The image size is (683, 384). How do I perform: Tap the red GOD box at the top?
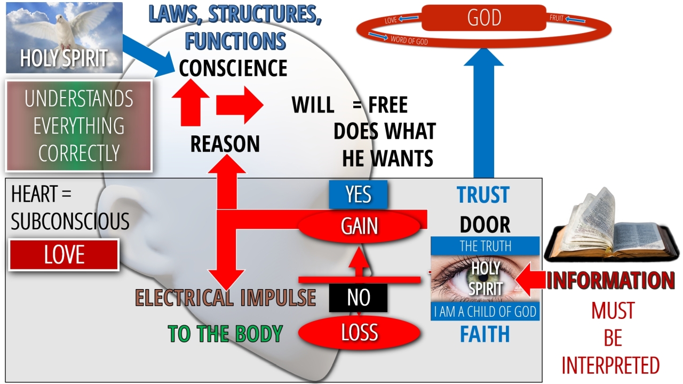point(484,18)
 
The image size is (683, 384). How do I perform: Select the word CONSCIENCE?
point(233,68)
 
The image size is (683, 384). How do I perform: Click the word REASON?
point(225,144)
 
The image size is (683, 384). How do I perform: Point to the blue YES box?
point(358,195)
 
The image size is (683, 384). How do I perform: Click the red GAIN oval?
point(359,226)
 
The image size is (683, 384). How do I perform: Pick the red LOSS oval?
point(359,333)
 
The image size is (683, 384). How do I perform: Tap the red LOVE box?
point(64,255)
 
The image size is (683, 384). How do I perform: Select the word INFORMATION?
point(610,281)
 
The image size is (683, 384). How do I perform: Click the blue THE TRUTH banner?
point(485,246)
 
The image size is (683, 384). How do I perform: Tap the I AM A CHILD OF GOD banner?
point(485,311)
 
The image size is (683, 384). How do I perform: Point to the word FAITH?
point(485,334)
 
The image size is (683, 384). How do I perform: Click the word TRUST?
point(483,195)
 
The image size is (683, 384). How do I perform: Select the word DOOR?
point(485,225)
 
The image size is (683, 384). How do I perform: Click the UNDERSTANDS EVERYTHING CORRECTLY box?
point(79,126)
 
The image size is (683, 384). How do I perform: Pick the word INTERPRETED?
point(610,366)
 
